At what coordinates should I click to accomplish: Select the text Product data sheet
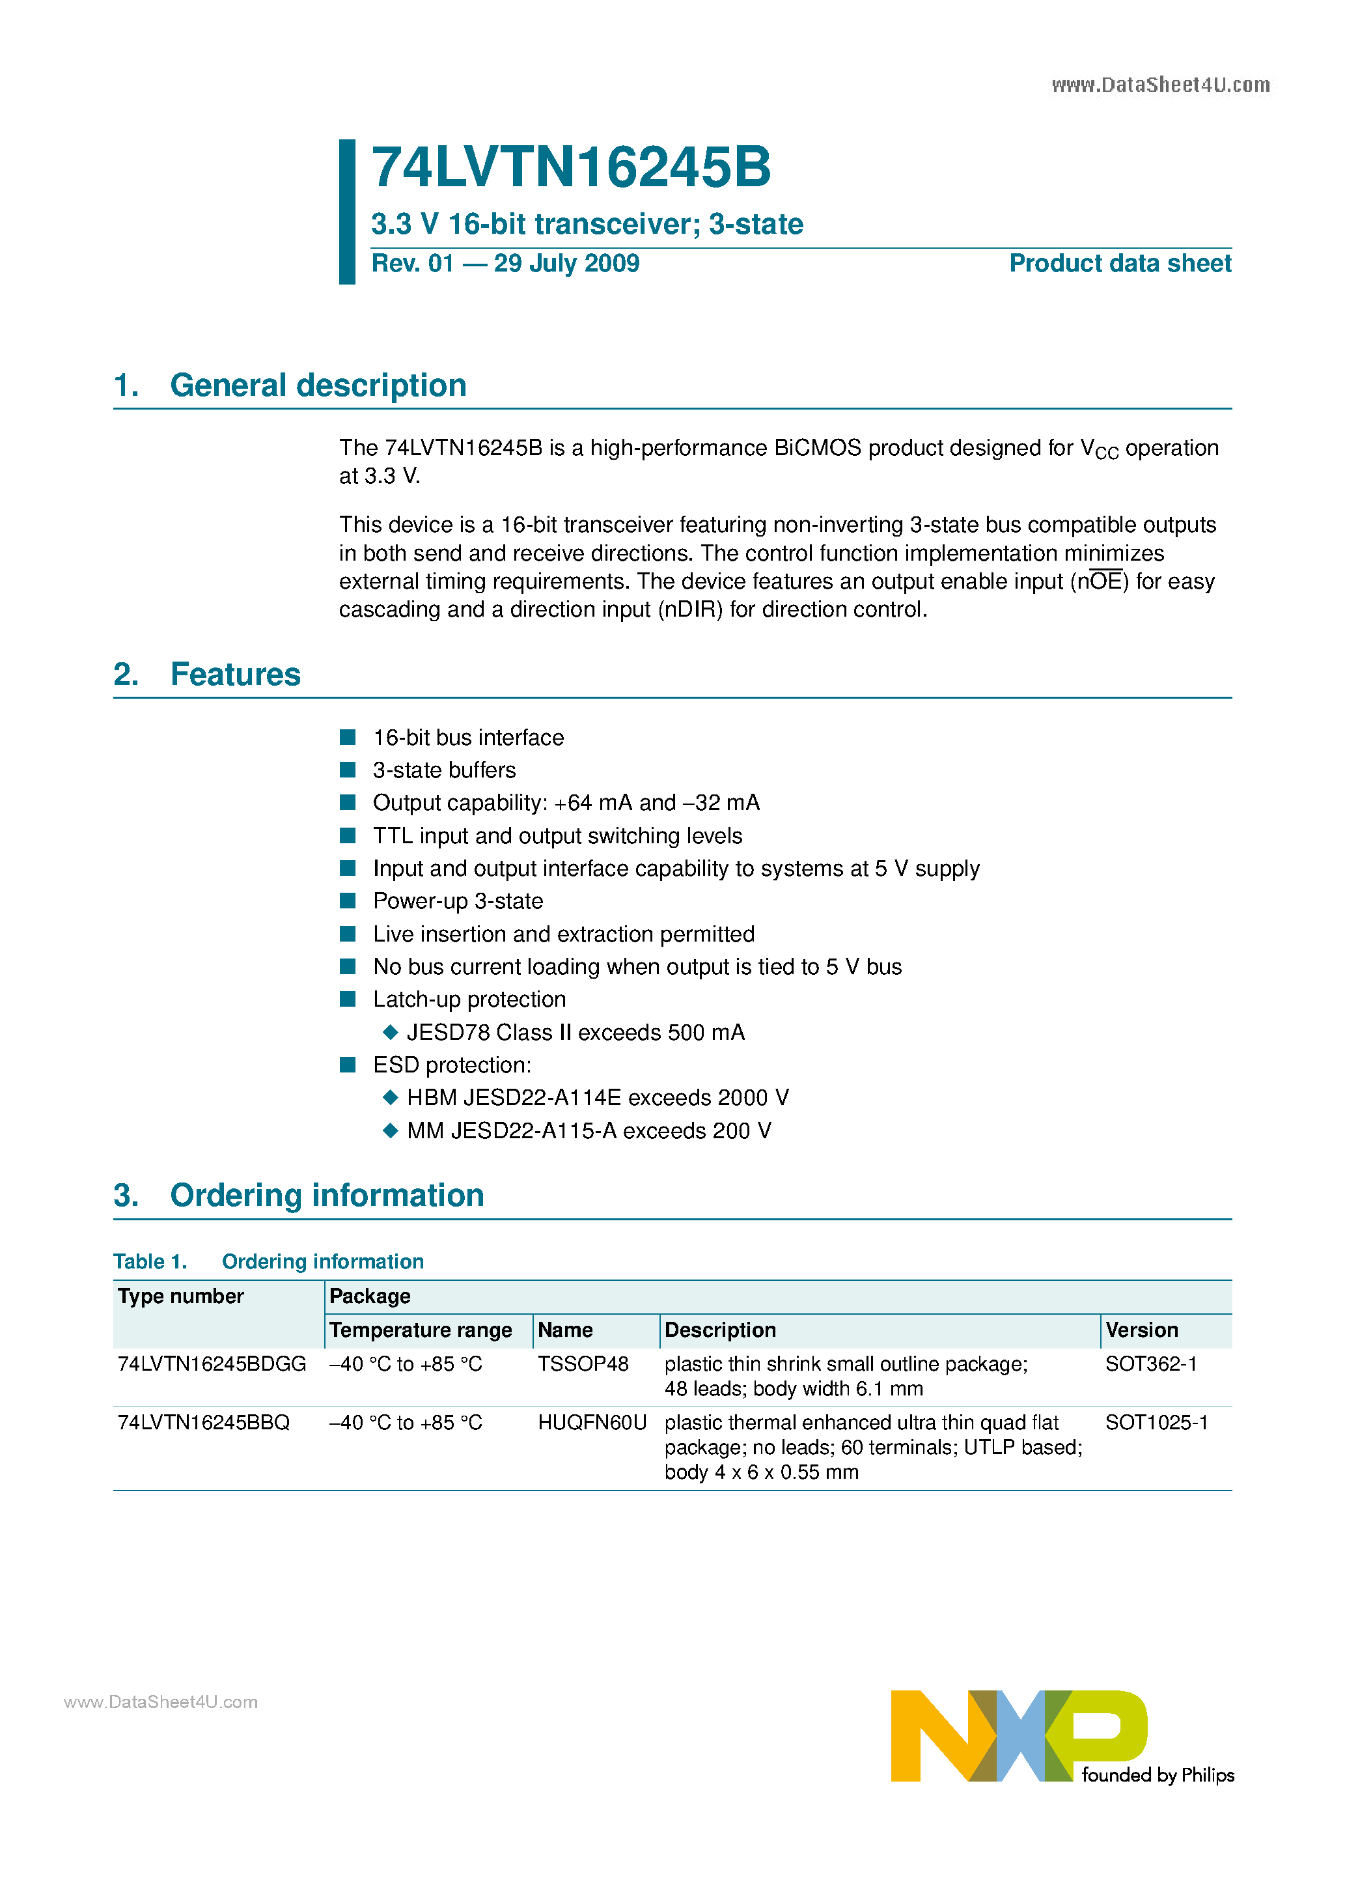coord(1120,264)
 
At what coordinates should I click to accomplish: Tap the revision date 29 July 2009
coord(566,264)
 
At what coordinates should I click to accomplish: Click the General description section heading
coord(318,385)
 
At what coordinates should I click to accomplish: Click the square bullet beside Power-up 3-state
coord(348,901)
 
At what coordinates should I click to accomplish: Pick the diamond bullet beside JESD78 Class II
coord(391,1033)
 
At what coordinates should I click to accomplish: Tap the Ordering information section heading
coord(327,1196)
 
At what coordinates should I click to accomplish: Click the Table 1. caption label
coord(150,1262)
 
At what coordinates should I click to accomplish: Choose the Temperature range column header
coord(421,1330)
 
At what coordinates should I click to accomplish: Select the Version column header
coord(1141,1330)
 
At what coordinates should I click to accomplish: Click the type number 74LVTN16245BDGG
coord(212,1364)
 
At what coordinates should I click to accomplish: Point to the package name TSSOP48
coord(583,1364)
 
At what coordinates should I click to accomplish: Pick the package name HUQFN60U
coord(592,1423)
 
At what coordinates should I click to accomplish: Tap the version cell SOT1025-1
coord(1156,1423)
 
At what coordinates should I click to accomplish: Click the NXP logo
coord(1018,1735)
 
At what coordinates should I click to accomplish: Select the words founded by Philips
coord(1158,1776)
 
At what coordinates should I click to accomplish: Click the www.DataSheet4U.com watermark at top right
coord(1160,85)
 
